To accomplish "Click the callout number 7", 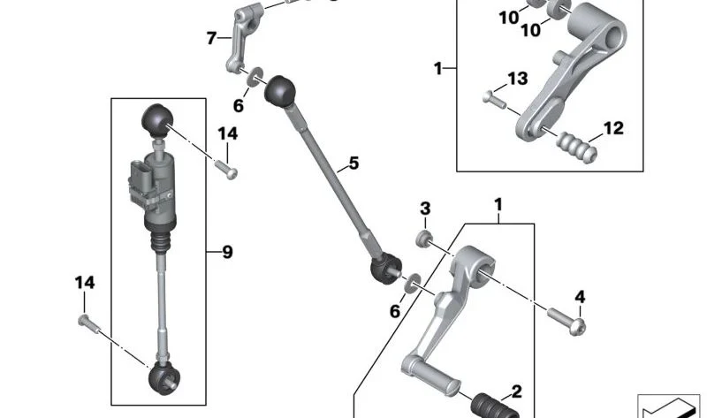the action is click(210, 38).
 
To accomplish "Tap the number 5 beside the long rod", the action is click(353, 163).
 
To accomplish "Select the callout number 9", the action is click(227, 252).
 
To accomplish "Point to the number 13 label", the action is click(518, 79).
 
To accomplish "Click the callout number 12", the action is click(613, 128).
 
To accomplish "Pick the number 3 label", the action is click(425, 209).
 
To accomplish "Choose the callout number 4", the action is click(580, 297).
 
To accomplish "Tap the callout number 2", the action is click(516, 391).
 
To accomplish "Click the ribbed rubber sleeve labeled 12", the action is click(577, 147).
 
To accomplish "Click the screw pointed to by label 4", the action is click(566, 321).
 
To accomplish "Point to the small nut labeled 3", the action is click(424, 239).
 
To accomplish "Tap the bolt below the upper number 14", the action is click(226, 170).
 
